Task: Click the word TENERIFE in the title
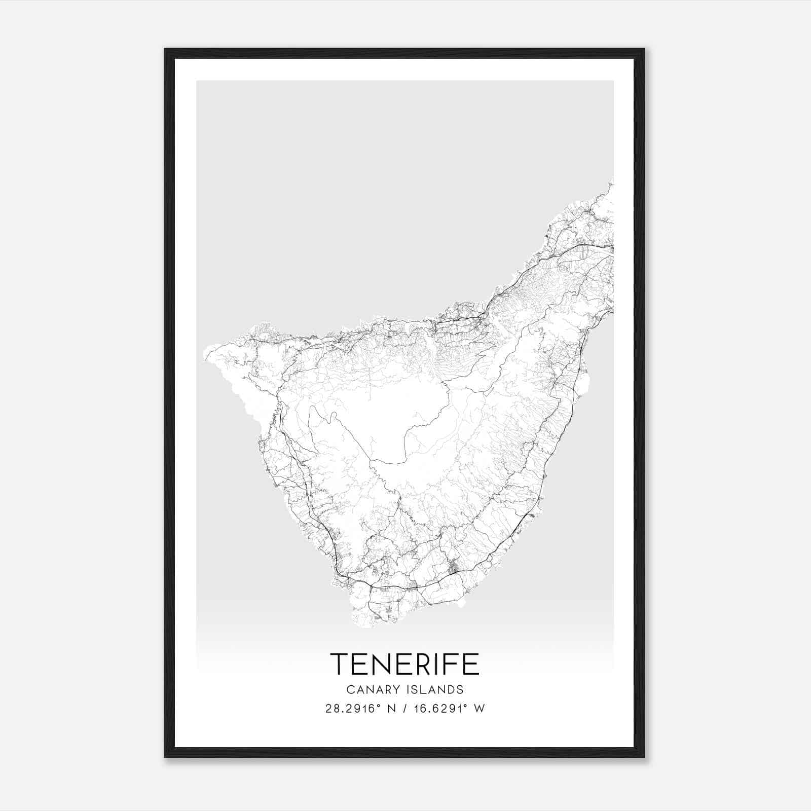pyautogui.click(x=404, y=664)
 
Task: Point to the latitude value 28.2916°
pyautogui.click(x=353, y=709)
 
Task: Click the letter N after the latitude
pyautogui.click(x=391, y=709)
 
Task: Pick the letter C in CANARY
pyautogui.click(x=351, y=690)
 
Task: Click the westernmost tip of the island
pyautogui.click(x=204, y=353)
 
